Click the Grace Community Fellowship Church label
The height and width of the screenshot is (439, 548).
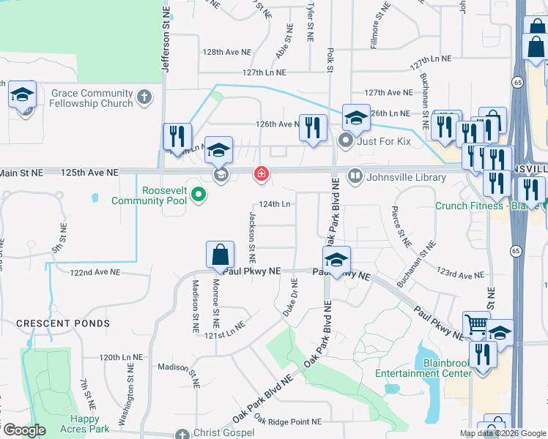[x=92, y=98]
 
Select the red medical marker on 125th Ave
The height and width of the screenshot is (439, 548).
[x=260, y=174]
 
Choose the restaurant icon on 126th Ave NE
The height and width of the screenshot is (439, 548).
[x=314, y=127]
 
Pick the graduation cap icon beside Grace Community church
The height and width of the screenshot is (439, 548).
[x=22, y=94]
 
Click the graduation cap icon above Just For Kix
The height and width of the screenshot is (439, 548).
[x=356, y=117]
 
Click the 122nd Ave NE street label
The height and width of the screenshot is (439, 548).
[x=95, y=272]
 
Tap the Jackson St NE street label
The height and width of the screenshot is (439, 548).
[x=252, y=238]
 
